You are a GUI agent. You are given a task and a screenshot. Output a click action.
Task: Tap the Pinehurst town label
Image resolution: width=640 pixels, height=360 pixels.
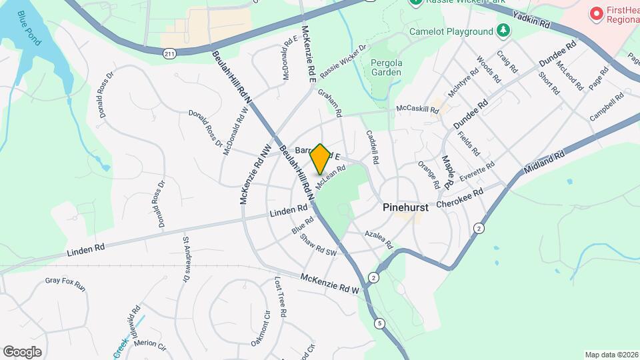click(405, 207)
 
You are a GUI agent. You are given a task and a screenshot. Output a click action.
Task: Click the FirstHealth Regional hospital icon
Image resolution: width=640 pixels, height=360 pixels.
click(596, 13)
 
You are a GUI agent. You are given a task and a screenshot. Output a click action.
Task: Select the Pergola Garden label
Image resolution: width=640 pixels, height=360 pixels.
click(386, 67)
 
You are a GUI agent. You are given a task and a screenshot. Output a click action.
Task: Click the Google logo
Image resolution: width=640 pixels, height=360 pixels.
click(22, 352)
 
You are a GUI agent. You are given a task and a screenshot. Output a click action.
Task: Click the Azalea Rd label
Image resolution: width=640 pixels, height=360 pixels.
click(379, 240)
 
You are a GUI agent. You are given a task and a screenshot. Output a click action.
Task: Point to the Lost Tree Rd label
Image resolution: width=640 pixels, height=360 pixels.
click(281, 297)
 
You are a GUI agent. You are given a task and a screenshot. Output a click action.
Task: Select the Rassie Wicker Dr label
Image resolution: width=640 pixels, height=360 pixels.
click(343, 61)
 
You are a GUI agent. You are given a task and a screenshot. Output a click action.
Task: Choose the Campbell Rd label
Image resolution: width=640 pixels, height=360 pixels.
click(606, 107)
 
